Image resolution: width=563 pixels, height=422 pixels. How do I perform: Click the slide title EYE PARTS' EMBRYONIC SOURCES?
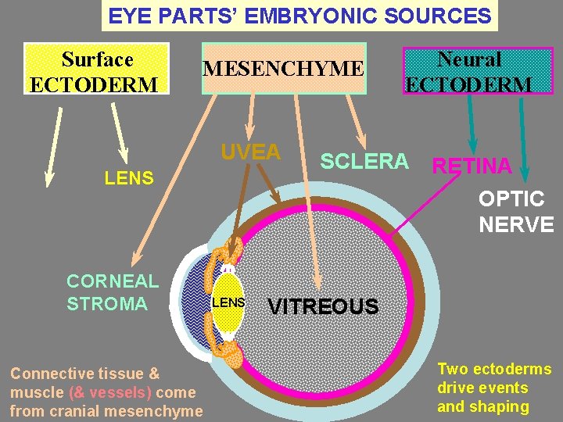(x=299, y=16)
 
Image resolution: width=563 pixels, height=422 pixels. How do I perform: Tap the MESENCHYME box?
(x=283, y=69)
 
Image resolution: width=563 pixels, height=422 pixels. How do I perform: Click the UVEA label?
(x=250, y=152)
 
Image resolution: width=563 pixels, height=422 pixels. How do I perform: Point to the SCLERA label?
(x=364, y=161)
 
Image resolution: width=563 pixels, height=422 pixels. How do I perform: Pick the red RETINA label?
(x=472, y=166)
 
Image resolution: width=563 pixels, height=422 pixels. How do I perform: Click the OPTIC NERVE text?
(x=516, y=212)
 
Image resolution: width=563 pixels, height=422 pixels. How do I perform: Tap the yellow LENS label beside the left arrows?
(x=129, y=178)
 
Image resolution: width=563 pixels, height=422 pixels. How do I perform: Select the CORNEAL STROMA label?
(x=113, y=291)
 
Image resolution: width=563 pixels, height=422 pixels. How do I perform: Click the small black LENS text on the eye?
(x=229, y=302)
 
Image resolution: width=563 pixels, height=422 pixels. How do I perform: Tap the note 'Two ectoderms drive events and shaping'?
(x=493, y=388)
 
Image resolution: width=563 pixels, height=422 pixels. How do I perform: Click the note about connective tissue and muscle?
(x=106, y=392)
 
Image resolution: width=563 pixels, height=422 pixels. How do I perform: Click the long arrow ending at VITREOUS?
(x=308, y=203)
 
